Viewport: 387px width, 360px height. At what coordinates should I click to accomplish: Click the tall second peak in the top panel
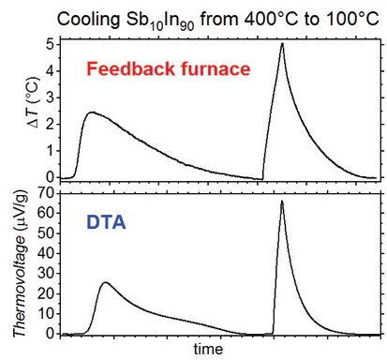(282, 44)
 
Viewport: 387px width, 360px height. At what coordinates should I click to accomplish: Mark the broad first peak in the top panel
(90, 112)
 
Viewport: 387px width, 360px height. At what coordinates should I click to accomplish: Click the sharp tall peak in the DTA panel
(281, 202)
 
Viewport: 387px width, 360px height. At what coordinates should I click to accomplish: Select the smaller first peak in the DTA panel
(105, 282)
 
